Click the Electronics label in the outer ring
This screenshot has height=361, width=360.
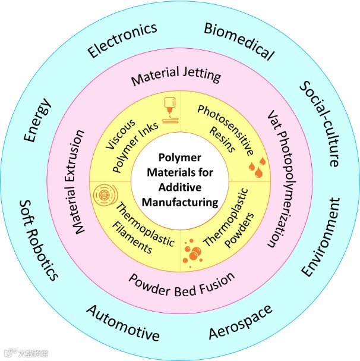point(122,40)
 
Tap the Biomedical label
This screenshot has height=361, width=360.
point(239,41)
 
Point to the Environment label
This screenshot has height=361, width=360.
point(321,237)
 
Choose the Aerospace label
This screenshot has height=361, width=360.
point(241,322)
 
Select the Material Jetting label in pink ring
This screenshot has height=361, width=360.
point(176,77)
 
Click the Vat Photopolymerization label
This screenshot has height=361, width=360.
point(273,178)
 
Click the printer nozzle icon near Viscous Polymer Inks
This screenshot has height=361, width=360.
point(168,111)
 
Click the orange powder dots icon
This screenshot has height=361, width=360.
point(193,250)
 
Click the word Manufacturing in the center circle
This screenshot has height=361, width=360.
point(181,202)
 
